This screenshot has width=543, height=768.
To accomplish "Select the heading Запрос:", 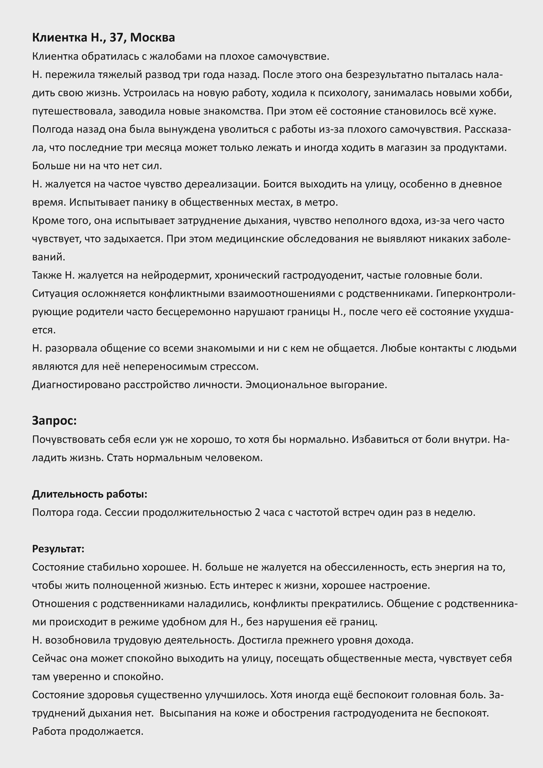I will pyautogui.click(x=54, y=421).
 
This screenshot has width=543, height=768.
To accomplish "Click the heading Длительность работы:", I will pyautogui.click(x=90, y=494).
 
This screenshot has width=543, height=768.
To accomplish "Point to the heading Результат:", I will pyautogui.click(x=58, y=549).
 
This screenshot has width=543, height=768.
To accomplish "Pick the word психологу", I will pyautogui.click(x=338, y=93).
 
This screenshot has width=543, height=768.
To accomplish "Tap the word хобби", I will pyautogui.click(x=496, y=93).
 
